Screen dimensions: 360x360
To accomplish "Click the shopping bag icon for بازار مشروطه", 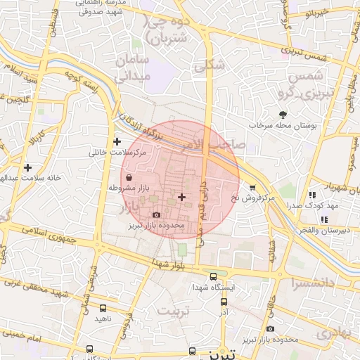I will (127, 179).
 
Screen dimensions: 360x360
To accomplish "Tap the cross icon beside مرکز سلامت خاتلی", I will (127, 141).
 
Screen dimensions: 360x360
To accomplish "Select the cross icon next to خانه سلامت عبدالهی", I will (27, 167).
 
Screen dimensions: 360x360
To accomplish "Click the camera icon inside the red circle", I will (155, 214).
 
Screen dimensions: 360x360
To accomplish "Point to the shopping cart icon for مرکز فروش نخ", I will (252, 187).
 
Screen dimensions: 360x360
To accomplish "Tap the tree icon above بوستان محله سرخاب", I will (283, 114).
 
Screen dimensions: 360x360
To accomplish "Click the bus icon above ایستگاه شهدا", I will (214, 276).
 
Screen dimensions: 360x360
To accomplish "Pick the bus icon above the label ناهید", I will (103, 308).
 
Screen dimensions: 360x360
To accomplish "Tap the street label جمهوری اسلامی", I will (53, 236).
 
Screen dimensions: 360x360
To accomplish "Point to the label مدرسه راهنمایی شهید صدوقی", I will (95, 6).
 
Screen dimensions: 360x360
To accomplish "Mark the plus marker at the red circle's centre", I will (182, 197).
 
